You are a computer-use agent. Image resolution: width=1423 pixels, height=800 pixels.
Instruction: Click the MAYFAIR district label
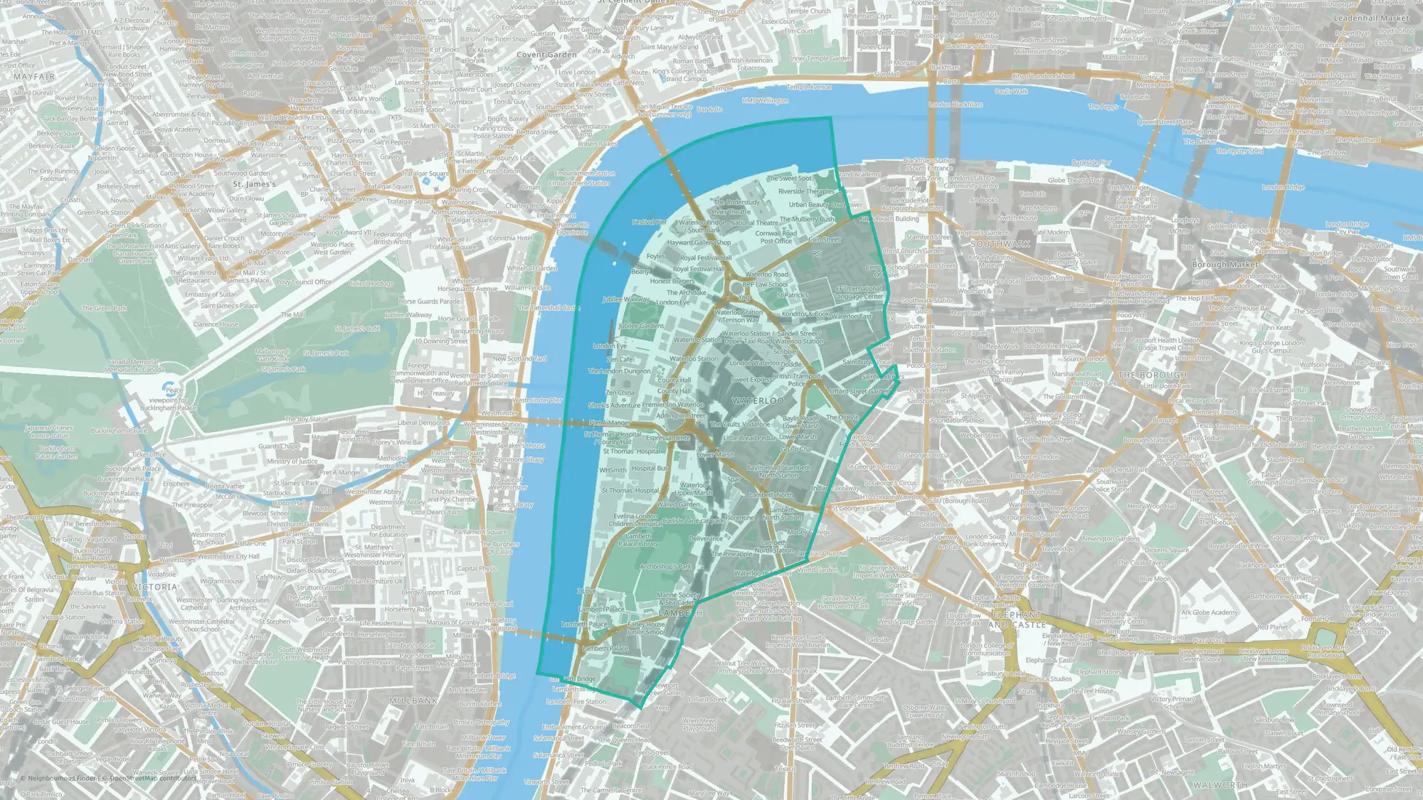[34, 76]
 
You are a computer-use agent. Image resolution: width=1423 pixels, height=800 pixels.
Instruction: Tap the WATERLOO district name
[758, 401]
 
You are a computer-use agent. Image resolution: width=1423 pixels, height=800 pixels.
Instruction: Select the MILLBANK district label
[413, 700]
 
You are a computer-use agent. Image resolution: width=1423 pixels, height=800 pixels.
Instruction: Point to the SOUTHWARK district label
[1000, 244]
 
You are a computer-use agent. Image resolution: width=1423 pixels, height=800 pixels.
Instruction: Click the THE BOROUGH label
[1152, 375]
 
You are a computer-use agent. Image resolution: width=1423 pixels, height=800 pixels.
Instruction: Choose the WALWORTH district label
[1220, 785]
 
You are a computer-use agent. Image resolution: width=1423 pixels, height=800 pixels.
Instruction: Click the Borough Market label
[1224, 265]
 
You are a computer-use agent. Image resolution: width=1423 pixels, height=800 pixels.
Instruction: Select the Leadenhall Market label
[1371, 18]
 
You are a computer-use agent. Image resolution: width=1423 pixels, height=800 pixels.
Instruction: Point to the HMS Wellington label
[765, 100]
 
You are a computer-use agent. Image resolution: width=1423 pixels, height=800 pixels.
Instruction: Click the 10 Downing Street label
[441, 341]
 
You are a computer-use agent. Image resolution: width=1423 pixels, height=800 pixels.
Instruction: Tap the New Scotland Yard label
[519, 358]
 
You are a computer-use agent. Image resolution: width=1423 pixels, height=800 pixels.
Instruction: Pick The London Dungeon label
[619, 370]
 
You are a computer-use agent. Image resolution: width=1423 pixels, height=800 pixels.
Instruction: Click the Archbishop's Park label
[666, 567]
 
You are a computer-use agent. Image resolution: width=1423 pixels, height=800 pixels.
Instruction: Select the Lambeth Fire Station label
[576, 702]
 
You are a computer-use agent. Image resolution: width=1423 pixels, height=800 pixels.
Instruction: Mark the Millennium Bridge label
[1040, 51]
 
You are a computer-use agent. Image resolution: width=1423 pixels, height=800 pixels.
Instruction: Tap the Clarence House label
[216, 324]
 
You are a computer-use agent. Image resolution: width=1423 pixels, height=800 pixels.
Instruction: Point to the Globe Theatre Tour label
[1075, 180]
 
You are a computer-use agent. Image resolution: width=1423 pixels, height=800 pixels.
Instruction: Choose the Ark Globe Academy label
[1210, 612]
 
